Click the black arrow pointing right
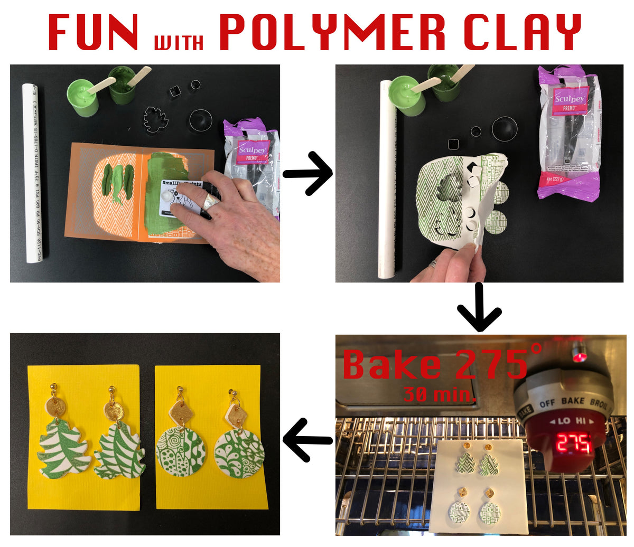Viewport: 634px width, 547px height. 307,173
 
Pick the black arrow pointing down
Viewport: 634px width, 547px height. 479,307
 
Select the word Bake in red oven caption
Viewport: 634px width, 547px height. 391,364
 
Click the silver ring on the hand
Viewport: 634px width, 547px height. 212,201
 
